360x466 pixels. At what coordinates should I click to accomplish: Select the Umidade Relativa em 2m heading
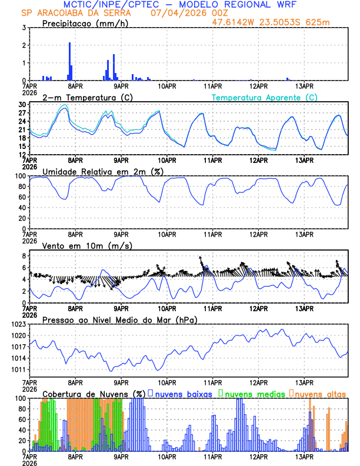point(102,171)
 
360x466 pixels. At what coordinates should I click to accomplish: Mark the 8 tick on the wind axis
point(24,256)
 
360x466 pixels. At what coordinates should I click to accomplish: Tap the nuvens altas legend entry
point(320,393)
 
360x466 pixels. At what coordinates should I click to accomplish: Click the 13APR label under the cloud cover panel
point(304,456)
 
